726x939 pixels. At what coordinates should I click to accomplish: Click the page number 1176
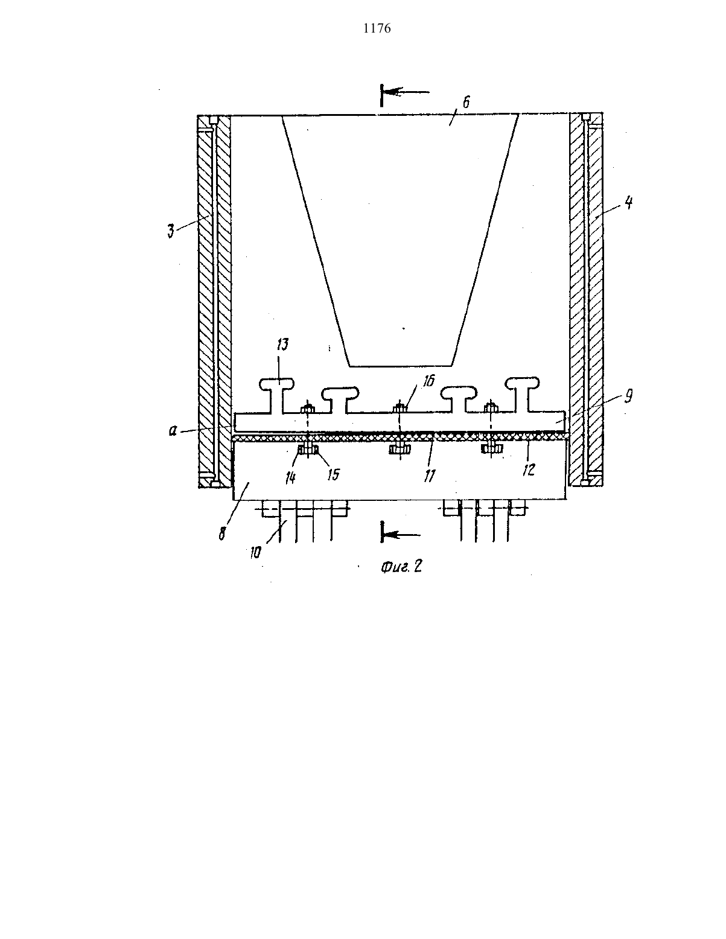click(x=377, y=28)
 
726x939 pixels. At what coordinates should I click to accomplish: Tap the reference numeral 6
click(x=466, y=103)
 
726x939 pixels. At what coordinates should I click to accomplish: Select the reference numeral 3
click(x=171, y=232)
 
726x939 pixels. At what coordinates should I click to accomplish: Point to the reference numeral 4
click(x=629, y=203)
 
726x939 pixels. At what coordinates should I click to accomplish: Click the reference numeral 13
click(x=282, y=345)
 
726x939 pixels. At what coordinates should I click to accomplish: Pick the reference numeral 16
click(x=428, y=381)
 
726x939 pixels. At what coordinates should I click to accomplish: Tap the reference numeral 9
click(x=629, y=396)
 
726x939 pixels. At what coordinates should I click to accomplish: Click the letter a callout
click(x=173, y=431)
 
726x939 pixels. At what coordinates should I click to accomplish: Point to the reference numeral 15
click(x=333, y=474)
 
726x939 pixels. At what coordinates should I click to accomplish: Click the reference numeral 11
click(x=429, y=476)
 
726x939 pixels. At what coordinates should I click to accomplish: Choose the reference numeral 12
click(x=529, y=469)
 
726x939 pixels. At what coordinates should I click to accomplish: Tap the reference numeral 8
click(x=221, y=533)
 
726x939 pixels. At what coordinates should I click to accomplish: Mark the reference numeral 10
click(x=256, y=553)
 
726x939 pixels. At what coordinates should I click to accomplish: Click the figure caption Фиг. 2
click(x=401, y=567)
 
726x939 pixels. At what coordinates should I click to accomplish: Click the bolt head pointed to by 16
click(x=400, y=407)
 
